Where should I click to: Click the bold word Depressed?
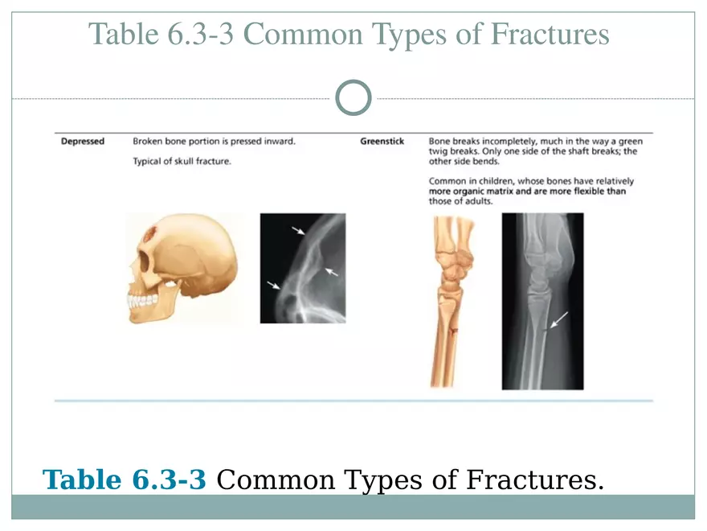(x=83, y=142)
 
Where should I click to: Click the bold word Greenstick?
(x=382, y=142)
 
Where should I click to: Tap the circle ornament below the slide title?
(x=353, y=98)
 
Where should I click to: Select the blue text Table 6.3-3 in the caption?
(x=125, y=480)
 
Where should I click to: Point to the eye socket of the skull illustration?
(x=144, y=262)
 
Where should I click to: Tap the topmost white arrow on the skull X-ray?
(x=298, y=231)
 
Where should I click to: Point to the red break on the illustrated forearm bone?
(x=453, y=331)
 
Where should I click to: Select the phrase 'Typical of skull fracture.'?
(x=182, y=162)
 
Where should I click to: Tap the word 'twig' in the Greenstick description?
(x=439, y=151)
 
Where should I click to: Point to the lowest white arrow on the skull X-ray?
(x=274, y=284)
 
